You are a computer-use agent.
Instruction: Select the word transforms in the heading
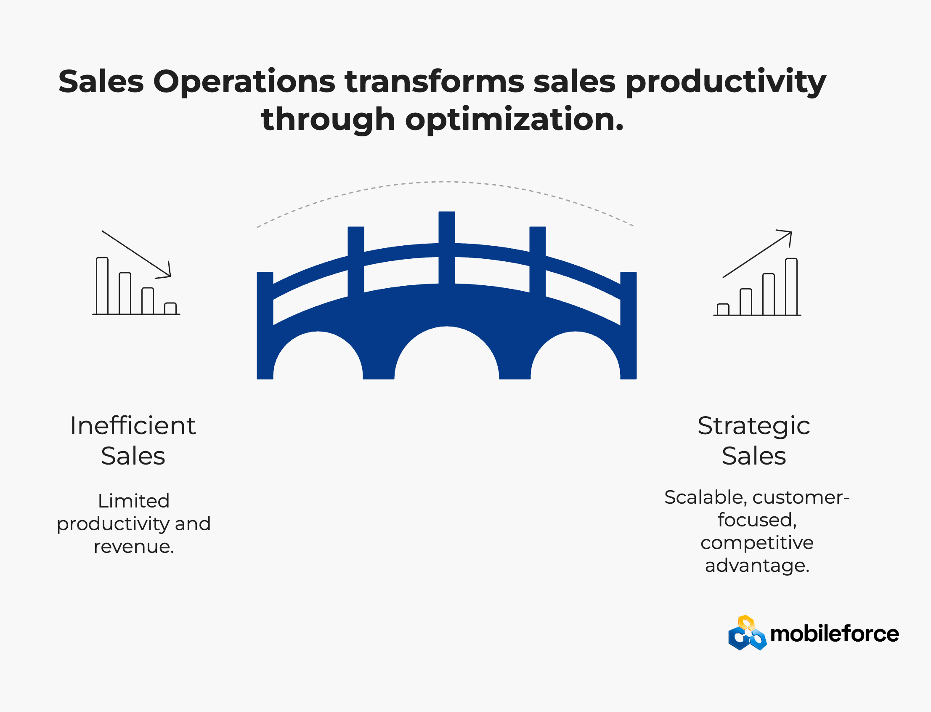(x=434, y=81)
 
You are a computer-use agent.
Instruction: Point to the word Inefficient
(x=133, y=425)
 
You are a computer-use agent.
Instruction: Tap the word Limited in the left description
(x=133, y=501)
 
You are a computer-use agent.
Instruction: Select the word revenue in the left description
(x=131, y=547)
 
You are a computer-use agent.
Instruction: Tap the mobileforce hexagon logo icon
(x=747, y=633)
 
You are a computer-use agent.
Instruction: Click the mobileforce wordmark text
(x=834, y=634)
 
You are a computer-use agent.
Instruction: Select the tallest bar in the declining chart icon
(x=102, y=286)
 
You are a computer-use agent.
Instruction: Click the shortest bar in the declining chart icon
(x=170, y=308)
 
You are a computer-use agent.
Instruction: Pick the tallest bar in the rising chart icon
(x=791, y=287)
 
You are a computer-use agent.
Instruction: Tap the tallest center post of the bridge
(x=447, y=247)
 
